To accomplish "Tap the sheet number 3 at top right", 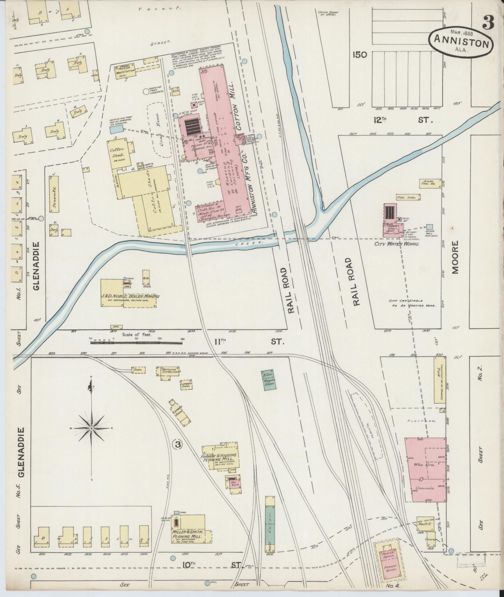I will [488, 22].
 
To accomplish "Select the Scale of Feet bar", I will [136, 342].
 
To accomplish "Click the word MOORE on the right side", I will [455, 257].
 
